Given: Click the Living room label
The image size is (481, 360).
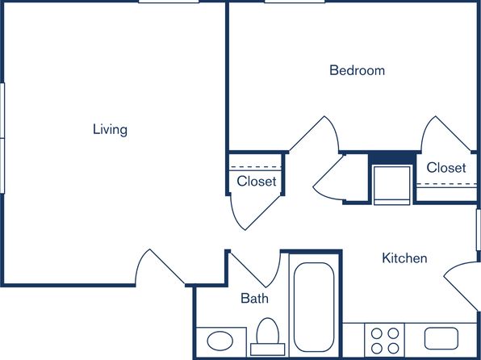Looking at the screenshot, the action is pyautogui.click(x=110, y=129).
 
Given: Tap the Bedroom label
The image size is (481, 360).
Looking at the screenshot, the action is pyautogui.click(x=357, y=70).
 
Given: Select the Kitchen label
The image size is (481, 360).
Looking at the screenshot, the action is pyautogui.click(x=404, y=258).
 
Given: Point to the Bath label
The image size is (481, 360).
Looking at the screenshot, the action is pyautogui.click(x=254, y=298).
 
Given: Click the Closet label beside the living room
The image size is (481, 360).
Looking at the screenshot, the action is pyautogui.click(x=257, y=181).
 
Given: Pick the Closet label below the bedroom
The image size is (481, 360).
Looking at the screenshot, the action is pyautogui.click(x=446, y=168).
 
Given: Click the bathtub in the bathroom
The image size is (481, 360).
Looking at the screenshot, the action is pyautogui.click(x=314, y=307).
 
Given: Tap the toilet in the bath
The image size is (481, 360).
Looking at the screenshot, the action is pyautogui.click(x=268, y=337).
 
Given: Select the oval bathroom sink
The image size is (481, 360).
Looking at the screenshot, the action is pyautogui.click(x=220, y=341).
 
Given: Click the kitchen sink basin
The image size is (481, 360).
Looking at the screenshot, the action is pyautogui.click(x=441, y=338).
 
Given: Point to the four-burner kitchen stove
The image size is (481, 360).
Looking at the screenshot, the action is pyautogui.click(x=385, y=341).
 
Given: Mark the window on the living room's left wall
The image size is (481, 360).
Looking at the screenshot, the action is pyautogui.click(x=2, y=138).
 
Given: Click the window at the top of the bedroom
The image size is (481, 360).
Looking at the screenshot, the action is pyautogui.click(x=295, y=2).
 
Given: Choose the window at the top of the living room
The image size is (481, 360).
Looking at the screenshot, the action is pyautogui.click(x=169, y=2).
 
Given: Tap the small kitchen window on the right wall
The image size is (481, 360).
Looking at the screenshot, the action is pyautogui.click(x=479, y=229).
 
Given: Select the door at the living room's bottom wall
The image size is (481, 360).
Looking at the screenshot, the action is pyautogui.click(x=160, y=267).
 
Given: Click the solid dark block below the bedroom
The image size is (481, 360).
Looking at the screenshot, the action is pyautogui.click(x=391, y=159).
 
